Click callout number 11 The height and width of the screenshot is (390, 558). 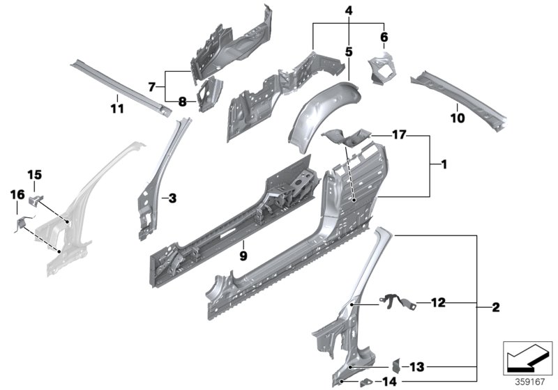(117, 109)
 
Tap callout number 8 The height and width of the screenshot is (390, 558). (182, 101)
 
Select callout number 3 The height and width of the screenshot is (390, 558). (173, 199)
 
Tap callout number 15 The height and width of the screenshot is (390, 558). (35, 174)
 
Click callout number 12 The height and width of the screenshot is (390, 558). (437, 302)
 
